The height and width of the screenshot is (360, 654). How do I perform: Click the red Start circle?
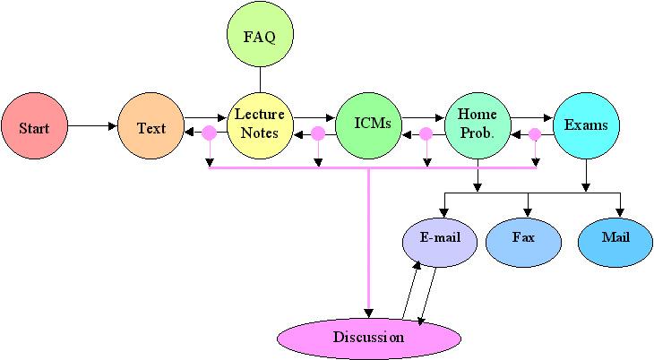point(34,127)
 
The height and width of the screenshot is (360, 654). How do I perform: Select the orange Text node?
point(151,127)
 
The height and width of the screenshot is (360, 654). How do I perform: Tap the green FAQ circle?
point(260,37)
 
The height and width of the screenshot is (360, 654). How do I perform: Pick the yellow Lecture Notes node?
point(260,124)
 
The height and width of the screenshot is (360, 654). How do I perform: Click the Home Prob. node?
point(478,124)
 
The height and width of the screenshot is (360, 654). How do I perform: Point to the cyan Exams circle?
point(586,124)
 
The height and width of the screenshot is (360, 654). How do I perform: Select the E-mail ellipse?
point(438,238)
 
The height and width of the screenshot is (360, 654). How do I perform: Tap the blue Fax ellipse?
point(523,238)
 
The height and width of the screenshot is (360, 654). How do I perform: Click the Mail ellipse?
point(615,238)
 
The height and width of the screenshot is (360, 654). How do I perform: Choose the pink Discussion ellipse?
point(369,338)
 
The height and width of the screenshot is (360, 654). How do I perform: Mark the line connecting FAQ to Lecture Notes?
point(260,80)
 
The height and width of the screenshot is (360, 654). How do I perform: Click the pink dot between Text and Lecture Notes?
point(209,134)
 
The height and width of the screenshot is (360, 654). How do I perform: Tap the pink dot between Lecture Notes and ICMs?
point(318,134)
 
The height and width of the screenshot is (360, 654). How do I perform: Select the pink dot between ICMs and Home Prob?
point(426,134)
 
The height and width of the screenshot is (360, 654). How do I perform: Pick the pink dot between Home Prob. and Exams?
point(535,134)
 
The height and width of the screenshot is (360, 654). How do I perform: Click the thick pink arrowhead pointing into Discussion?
point(369,308)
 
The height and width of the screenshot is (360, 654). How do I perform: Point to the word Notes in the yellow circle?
point(260,133)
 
